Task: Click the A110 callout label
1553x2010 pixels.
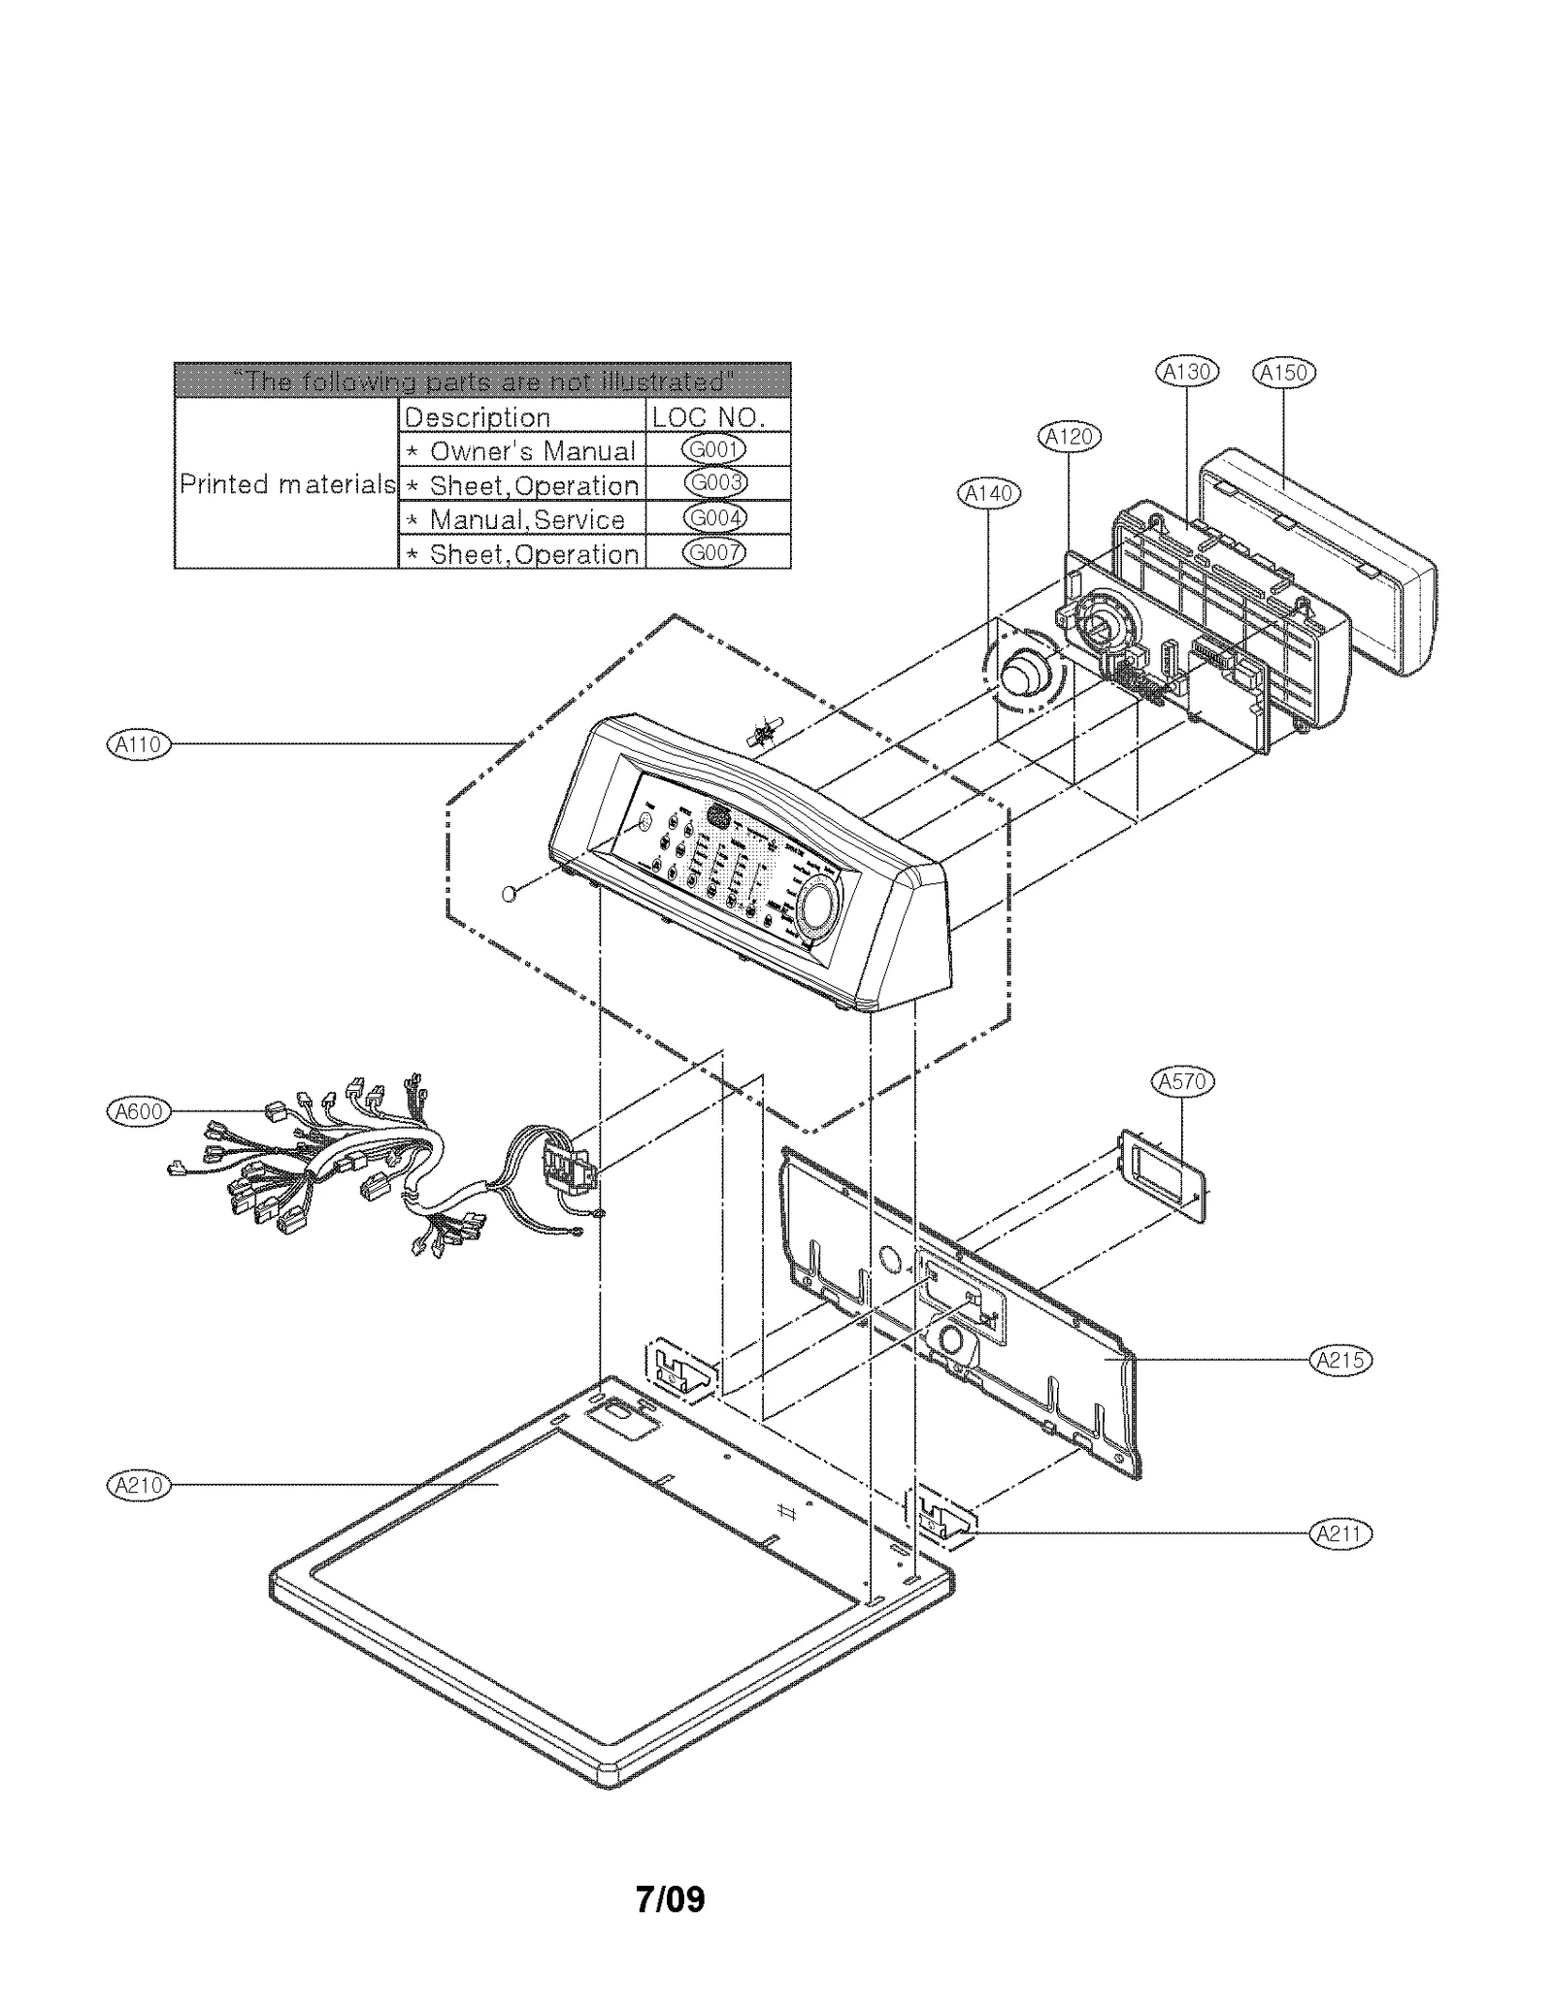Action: (x=137, y=744)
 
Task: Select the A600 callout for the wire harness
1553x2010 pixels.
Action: (x=137, y=1111)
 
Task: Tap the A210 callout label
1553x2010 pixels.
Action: (x=137, y=1485)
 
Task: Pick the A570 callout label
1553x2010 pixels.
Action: (x=1182, y=1081)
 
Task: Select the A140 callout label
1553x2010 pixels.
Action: (x=988, y=493)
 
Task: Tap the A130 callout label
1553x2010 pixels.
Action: (x=1187, y=372)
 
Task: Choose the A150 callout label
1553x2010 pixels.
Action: (x=1283, y=372)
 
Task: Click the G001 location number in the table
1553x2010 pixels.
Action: (x=714, y=449)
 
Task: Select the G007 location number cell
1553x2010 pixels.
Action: (x=714, y=552)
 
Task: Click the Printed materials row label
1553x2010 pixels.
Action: (x=286, y=483)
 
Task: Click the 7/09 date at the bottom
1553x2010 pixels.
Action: (x=670, y=1898)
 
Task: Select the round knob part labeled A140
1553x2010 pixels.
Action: (x=1023, y=674)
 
